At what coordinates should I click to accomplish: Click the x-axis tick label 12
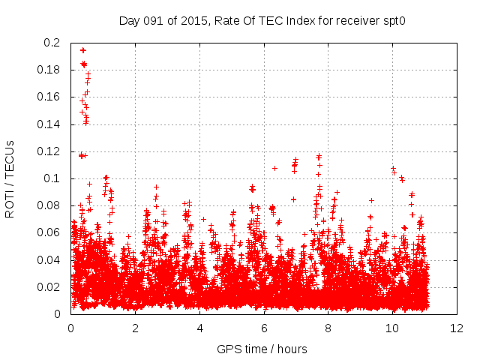pyautogui.click(x=457, y=328)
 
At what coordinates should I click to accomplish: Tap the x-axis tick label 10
pyautogui.click(x=392, y=328)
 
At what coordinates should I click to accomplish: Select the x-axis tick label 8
pyautogui.click(x=328, y=328)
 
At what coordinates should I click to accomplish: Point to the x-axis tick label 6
pyautogui.click(x=264, y=328)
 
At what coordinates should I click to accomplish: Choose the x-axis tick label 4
pyautogui.click(x=199, y=328)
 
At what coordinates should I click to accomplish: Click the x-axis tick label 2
pyautogui.click(x=135, y=328)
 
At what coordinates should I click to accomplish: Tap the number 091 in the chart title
pyautogui.click(x=154, y=20)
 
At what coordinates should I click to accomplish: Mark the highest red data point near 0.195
pyautogui.click(x=82, y=50)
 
